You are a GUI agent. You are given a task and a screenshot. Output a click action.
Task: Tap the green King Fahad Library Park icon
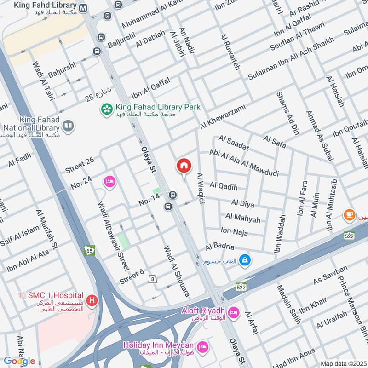click(107, 109)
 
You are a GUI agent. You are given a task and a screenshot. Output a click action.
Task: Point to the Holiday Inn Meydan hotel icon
click(201, 345)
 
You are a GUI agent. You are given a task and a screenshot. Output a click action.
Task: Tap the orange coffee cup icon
click(349, 214)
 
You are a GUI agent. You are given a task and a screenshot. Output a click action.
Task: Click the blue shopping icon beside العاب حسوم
click(245, 260)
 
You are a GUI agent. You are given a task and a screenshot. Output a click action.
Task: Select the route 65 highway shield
click(89, 250)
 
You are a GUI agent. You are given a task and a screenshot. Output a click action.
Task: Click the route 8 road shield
click(152, 278)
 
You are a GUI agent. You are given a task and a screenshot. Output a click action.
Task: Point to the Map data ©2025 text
click(343, 363)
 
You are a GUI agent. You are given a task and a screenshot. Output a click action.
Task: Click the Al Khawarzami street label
click(223, 117)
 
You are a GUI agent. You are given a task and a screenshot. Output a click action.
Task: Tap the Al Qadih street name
click(224, 186)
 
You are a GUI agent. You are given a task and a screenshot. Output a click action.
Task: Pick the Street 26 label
click(79, 165)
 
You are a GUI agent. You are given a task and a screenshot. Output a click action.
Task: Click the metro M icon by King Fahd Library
click(83, 8)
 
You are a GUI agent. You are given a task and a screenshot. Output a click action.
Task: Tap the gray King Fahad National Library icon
click(68, 126)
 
